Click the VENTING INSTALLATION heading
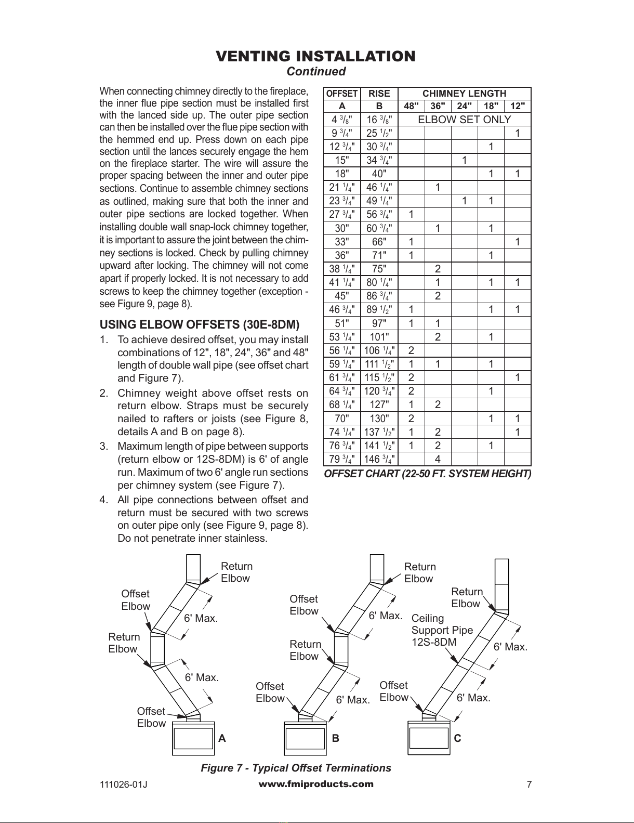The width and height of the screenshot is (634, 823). click(315, 56)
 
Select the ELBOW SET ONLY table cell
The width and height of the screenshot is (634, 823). click(465, 119)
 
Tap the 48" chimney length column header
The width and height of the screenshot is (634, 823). click(411, 106)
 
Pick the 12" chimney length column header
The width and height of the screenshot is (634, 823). click(518, 106)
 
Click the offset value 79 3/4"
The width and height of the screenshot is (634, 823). click(342, 459)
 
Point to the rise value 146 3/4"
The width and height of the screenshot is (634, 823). click(379, 459)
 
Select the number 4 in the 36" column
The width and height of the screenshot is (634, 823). click(438, 459)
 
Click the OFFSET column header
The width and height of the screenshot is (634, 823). click(342, 94)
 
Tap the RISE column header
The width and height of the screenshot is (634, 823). click(379, 94)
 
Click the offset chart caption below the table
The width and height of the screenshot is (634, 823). click(428, 474)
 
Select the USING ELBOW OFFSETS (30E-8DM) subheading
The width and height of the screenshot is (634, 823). click(200, 324)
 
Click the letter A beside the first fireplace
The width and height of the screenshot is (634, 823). click(222, 738)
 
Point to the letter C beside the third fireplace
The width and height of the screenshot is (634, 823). click(457, 738)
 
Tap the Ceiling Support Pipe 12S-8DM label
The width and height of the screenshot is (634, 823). click(442, 630)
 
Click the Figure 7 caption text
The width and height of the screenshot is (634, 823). click(296, 768)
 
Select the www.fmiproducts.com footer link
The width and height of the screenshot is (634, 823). click(315, 784)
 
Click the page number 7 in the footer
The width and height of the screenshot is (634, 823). click(529, 784)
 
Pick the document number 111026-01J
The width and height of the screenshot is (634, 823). click(123, 785)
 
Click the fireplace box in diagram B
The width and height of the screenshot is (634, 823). click(305, 738)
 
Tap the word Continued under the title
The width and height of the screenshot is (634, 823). click(316, 71)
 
